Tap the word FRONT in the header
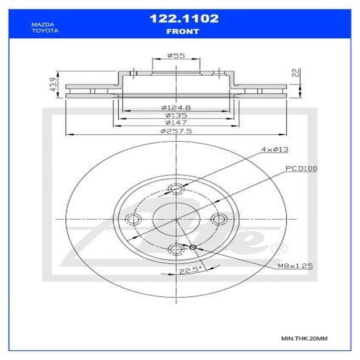[183, 31]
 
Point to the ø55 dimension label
[176, 55]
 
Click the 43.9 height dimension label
[52, 84]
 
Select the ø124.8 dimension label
[176, 108]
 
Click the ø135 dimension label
[176, 115]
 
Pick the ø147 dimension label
[176, 122]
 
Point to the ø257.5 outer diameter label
[176, 131]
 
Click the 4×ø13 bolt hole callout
[274, 149]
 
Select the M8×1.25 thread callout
[295, 266]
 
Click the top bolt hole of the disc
[176, 189]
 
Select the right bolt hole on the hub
[218, 219]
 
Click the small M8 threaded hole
[193, 247]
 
